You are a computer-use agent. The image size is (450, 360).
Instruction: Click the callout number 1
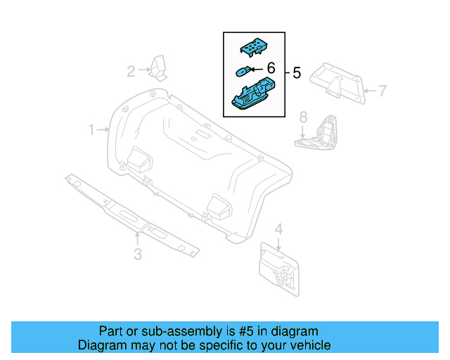(x=91, y=129)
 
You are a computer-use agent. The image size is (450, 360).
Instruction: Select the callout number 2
(x=131, y=70)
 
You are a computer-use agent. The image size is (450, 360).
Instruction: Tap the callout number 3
(x=138, y=254)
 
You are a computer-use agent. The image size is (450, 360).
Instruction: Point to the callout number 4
(x=278, y=229)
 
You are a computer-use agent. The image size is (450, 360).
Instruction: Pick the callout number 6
(x=269, y=69)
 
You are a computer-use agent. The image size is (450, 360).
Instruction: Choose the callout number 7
(x=382, y=91)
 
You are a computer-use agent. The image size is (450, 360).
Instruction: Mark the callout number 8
(x=303, y=116)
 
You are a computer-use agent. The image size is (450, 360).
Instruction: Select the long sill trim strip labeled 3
(x=130, y=216)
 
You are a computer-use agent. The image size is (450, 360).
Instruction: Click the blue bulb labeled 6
(x=243, y=70)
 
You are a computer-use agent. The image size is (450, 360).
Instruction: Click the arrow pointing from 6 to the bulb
(x=256, y=69)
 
